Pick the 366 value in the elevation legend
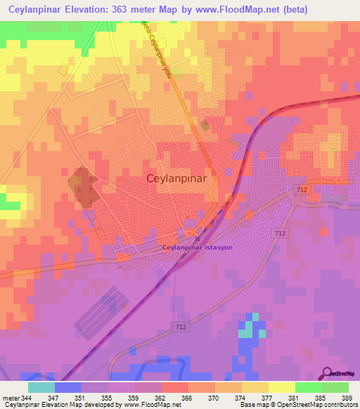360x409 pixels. (187, 397)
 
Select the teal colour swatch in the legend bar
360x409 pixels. (41, 387)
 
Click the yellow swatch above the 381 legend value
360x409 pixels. (281, 387)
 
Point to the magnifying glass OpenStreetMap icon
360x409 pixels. (328, 373)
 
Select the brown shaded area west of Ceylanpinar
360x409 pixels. (82, 187)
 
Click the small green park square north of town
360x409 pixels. (204, 125)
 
